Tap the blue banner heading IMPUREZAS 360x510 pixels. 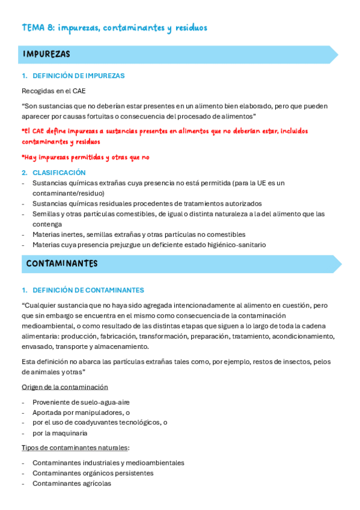point(47,55)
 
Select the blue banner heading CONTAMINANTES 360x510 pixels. point(62,264)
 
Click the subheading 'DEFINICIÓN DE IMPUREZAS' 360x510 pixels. point(78,76)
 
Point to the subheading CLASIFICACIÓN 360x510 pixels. point(59,173)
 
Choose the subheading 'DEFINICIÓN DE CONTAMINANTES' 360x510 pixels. point(88,290)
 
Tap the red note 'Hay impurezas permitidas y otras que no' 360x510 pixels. point(85,158)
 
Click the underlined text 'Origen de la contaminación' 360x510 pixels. point(65,387)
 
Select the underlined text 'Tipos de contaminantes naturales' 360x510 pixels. point(75,448)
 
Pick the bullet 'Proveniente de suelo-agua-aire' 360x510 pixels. point(81,402)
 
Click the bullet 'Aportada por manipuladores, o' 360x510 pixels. point(81,412)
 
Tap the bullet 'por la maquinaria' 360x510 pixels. point(60,432)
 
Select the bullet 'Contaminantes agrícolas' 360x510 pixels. point(72,483)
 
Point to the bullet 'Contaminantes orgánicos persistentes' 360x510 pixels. point(93,473)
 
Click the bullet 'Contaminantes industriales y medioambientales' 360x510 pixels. point(108,462)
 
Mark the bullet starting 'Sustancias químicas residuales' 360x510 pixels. point(147,203)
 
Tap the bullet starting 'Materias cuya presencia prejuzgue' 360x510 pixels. point(149,245)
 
